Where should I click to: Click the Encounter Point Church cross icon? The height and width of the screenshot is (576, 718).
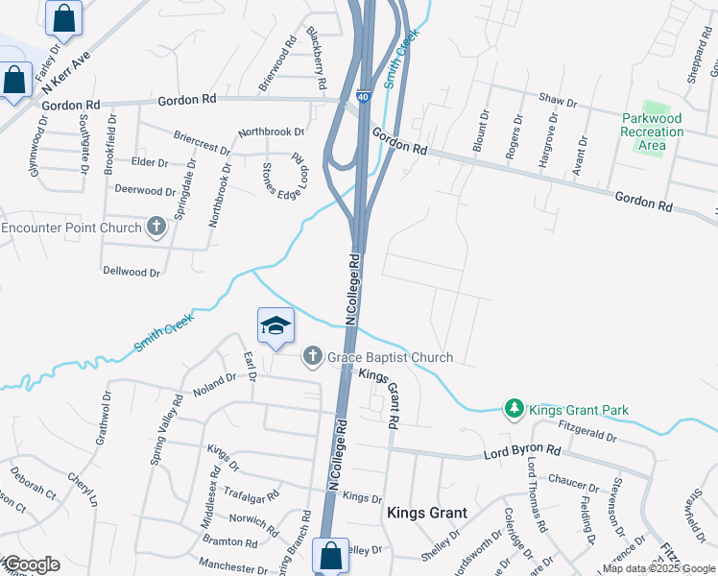click(x=156, y=228)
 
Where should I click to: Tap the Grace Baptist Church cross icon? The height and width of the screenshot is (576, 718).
click(x=311, y=357)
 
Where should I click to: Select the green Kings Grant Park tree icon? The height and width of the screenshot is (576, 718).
click(x=515, y=410)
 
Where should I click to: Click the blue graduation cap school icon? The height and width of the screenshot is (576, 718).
click(x=275, y=325)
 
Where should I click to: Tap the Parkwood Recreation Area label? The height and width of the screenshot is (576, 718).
click(x=651, y=132)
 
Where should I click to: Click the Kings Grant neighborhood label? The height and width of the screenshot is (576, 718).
click(x=426, y=513)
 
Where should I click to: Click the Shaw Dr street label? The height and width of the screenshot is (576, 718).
click(x=558, y=100)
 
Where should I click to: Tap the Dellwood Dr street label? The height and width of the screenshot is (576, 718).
click(x=131, y=273)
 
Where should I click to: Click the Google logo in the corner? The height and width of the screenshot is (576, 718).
click(x=31, y=564)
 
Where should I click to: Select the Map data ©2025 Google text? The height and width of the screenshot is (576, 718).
click(x=658, y=568)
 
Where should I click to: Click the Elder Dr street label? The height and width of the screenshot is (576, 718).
click(x=150, y=163)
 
